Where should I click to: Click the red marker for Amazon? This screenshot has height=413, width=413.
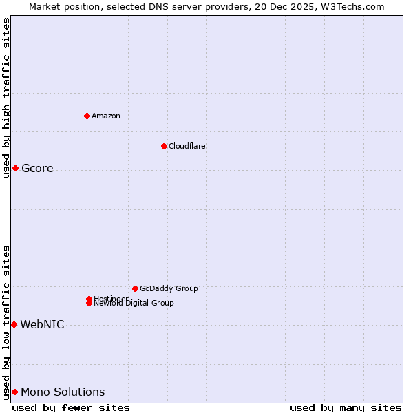[x=87, y=116]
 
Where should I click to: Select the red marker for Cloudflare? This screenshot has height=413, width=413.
[x=164, y=146]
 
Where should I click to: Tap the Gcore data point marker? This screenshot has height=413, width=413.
[x=15, y=169]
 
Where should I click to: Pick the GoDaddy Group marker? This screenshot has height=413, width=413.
[x=135, y=288]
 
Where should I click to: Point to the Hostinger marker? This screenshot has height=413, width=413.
[x=89, y=299]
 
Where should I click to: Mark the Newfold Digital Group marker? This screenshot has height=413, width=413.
[x=89, y=303]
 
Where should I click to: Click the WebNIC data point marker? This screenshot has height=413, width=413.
[x=14, y=324]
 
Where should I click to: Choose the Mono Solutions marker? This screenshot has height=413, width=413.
[x=14, y=392]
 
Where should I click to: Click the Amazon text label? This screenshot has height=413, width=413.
[x=105, y=116]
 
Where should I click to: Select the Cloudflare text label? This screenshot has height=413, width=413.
[x=187, y=146]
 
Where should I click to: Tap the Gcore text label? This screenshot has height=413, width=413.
[x=37, y=169]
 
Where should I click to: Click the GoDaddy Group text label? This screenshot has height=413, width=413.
[x=169, y=288]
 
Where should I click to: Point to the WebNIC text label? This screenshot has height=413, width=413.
[x=42, y=325]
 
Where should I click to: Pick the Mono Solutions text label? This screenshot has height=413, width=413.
[x=63, y=392]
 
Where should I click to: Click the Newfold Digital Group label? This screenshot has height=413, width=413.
[x=134, y=304]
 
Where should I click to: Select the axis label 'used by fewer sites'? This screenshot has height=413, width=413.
[x=71, y=407]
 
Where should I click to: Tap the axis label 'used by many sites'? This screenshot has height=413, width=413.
[x=346, y=407]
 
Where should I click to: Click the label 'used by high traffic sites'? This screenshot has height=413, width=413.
[x=7, y=98]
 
